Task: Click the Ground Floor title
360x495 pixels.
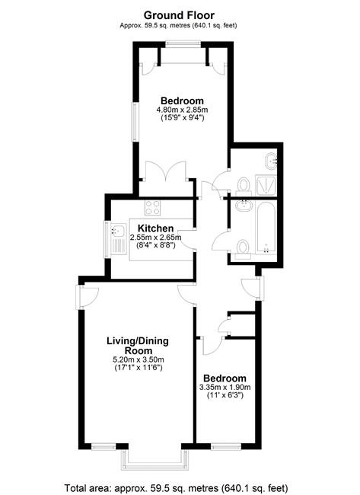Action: tap(179, 15)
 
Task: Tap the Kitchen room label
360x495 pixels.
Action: tap(155, 228)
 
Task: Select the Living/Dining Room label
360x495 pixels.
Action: tap(138, 346)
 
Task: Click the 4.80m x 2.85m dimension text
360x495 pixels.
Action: tap(182, 110)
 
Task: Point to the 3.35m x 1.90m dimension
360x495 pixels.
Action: tap(225, 388)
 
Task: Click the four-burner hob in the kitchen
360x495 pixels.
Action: tap(152, 208)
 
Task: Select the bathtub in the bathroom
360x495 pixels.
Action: tap(266, 228)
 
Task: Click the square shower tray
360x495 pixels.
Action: tap(266, 185)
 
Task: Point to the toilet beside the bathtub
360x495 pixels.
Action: tap(243, 249)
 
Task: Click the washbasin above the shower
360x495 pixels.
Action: tap(271, 161)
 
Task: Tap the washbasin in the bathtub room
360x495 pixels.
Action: tap(244, 206)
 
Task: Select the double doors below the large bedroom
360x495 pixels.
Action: tap(166, 171)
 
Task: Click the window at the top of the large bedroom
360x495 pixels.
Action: tap(183, 44)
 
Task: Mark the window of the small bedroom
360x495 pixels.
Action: tap(226, 446)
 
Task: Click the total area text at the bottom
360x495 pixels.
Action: tap(176, 487)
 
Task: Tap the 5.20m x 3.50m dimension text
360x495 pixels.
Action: tap(139, 359)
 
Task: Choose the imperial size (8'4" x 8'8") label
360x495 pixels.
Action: tap(156, 244)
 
